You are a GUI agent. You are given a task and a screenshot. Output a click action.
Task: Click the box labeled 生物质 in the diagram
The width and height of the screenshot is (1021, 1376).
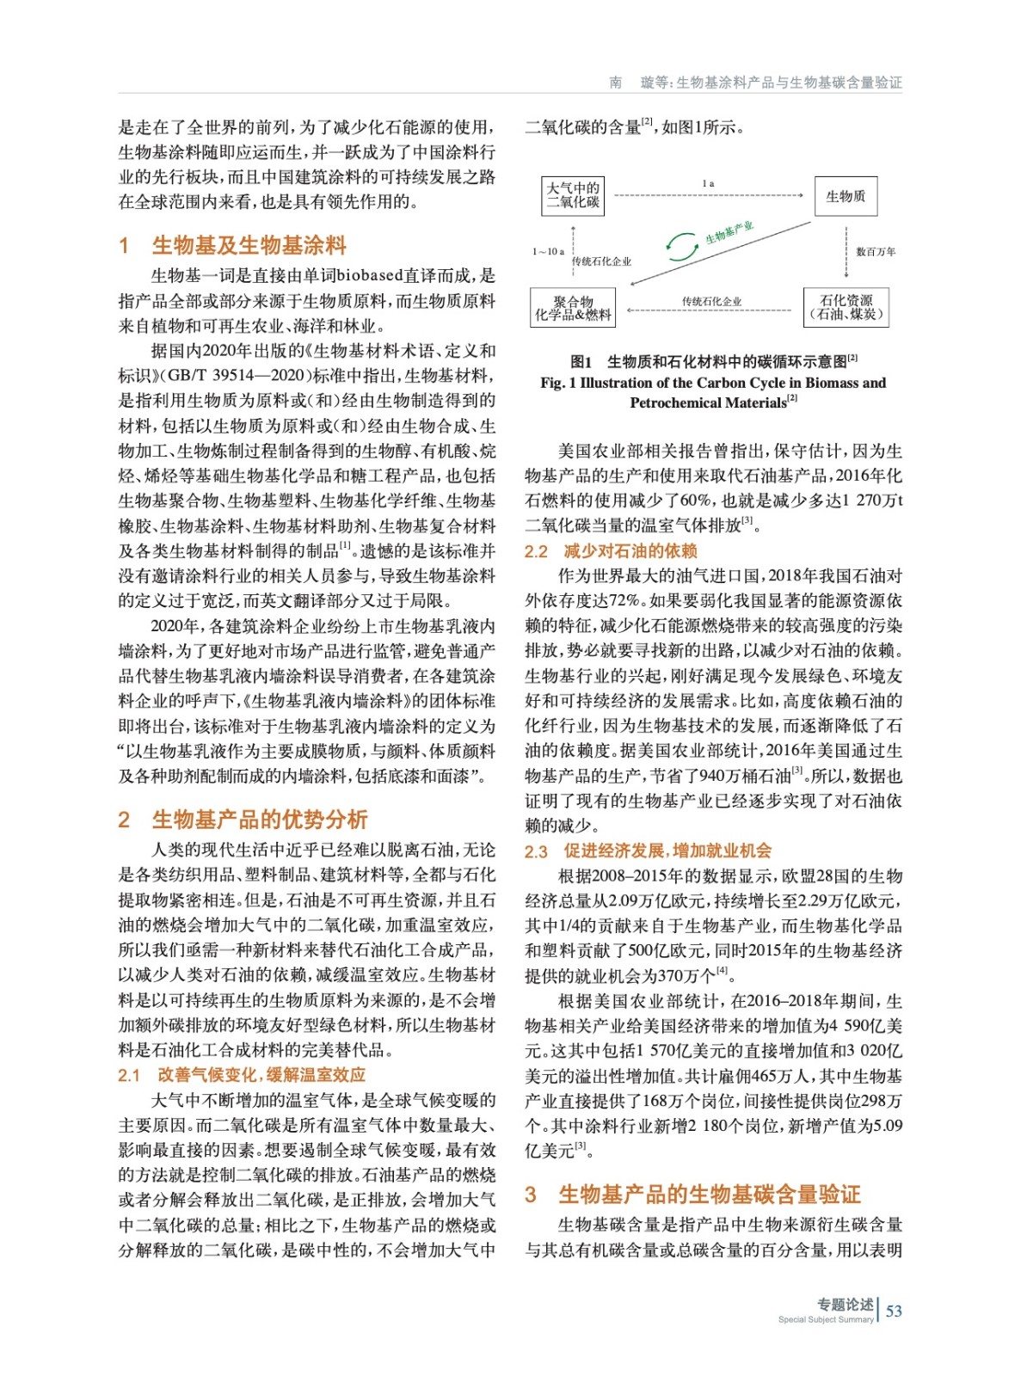(x=846, y=197)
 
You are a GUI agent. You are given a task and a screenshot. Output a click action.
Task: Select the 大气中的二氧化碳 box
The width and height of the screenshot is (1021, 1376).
(x=574, y=195)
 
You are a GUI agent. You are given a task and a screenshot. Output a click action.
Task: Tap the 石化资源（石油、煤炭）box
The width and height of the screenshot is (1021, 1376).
(x=846, y=307)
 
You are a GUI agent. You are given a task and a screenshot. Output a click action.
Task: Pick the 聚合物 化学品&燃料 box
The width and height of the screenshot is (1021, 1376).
(x=573, y=308)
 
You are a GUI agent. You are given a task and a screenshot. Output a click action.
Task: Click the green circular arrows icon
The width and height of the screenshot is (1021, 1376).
(x=682, y=247)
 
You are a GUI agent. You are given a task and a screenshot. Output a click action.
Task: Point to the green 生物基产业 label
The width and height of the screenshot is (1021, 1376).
(x=729, y=231)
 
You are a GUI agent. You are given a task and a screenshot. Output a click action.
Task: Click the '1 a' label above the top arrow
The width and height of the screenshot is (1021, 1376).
(x=708, y=183)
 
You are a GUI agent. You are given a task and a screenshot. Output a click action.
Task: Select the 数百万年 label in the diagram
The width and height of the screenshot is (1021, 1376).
(x=875, y=252)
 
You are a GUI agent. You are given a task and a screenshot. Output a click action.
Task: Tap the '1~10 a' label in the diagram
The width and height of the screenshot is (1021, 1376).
(x=548, y=251)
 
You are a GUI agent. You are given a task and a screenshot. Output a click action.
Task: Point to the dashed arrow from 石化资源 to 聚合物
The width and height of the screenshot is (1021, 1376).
(x=710, y=310)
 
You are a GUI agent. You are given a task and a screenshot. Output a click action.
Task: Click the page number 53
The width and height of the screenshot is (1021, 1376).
(x=894, y=1311)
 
